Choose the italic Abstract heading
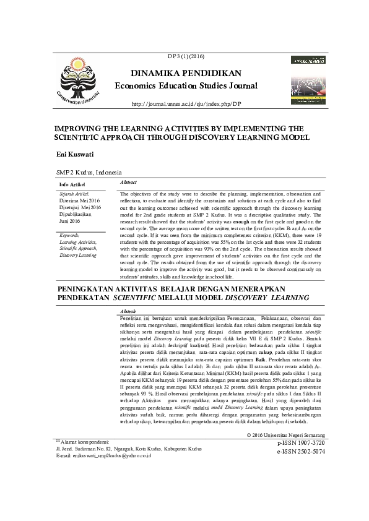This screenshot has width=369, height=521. pos(128,183)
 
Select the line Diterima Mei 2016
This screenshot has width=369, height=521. pos(79,201)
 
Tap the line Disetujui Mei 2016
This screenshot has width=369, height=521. pos(80,207)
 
